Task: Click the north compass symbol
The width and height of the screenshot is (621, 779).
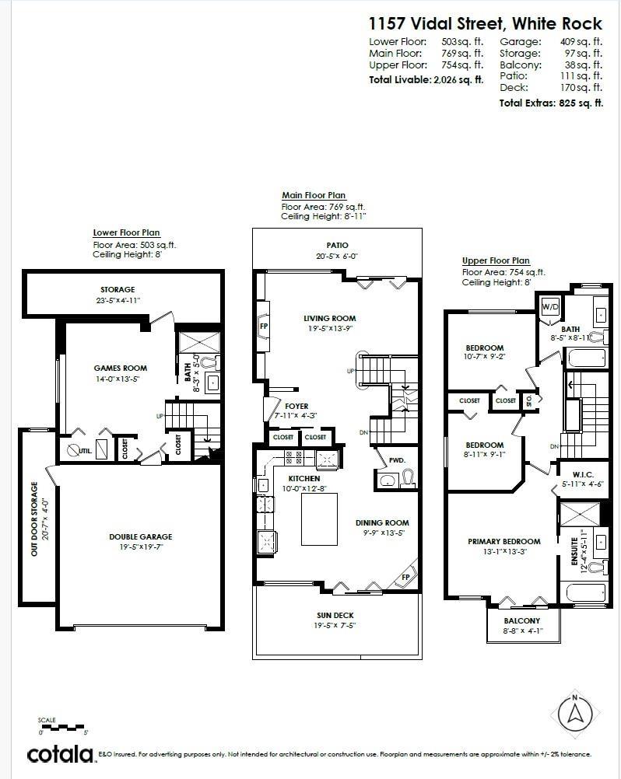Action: (574, 714)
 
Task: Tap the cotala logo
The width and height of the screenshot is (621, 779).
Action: (61, 753)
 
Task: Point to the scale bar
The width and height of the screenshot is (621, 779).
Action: (61, 727)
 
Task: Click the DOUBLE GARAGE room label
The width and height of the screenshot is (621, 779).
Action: (141, 536)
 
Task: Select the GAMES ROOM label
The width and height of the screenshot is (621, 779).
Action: (121, 369)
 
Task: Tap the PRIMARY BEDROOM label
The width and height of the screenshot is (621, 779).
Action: (503, 541)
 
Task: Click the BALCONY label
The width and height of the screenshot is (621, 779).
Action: (521, 620)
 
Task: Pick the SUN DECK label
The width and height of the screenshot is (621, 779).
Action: (335, 614)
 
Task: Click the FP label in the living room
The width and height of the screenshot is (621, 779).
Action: (264, 327)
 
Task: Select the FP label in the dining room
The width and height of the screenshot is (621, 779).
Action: (405, 578)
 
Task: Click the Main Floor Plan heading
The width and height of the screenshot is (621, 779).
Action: (313, 195)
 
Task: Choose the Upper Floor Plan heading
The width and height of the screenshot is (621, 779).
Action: (495, 260)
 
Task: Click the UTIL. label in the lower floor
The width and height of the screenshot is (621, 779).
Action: (86, 450)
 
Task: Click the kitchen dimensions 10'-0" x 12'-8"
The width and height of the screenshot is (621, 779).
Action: (304, 488)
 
